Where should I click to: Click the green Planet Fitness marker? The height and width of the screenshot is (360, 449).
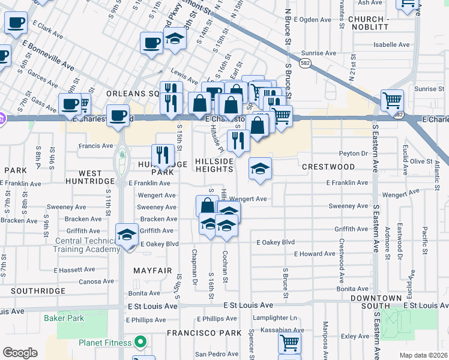point(140,343)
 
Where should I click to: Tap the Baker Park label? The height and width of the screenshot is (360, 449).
point(63,318)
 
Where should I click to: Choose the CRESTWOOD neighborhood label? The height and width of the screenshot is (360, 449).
point(328,166)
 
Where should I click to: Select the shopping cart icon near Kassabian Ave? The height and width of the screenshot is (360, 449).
point(289,344)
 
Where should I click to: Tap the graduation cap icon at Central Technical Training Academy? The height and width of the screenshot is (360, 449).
point(127,235)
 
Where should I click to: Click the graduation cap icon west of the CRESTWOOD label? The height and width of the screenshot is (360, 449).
point(261,168)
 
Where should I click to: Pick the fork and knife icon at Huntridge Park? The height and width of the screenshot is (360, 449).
point(163,155)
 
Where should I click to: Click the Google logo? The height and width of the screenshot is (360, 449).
point(20,353)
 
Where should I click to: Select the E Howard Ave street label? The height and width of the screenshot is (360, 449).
point(314,254)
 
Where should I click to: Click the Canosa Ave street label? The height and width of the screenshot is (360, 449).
point(95,281)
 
